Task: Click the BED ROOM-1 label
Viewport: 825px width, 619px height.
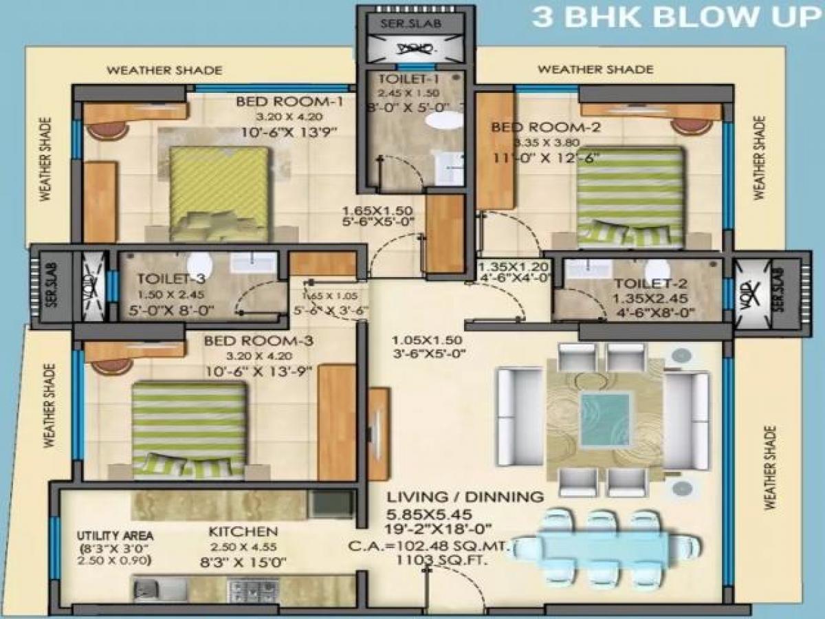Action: click(289, 102)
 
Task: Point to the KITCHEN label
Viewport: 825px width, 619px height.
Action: click(243, 532)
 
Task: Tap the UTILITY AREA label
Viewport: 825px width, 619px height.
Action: click(115, 535)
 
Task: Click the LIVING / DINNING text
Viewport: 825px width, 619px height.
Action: click(465, 497)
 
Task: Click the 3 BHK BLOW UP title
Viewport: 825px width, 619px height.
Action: click(677, 17)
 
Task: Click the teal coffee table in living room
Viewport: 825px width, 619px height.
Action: click(605, 418)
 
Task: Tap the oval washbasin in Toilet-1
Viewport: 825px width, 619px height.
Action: click(443, 121)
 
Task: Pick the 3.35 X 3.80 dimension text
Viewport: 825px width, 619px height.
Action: click(547, 143)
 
